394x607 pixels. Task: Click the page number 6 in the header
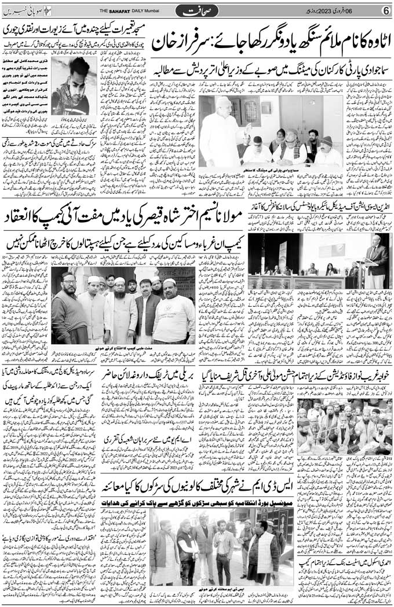click(385, 10)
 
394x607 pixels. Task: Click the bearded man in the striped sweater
click(65, 312)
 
